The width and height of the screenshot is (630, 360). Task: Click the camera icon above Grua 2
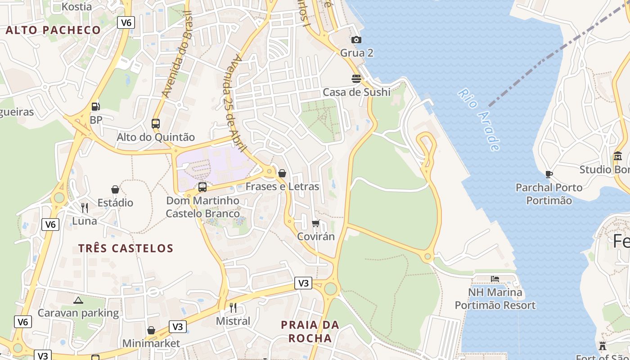pos(356,40)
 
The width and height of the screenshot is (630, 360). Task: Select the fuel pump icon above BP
pos(95,107)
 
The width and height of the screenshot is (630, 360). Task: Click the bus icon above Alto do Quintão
pos(156,124)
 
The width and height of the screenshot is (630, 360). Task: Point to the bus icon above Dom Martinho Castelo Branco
pos(202,187)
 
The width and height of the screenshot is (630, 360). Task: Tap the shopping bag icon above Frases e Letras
pos(282,173)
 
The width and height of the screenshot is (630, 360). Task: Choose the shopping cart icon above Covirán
pos(316,224)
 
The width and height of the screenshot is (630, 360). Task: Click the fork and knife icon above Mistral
pos(233,308)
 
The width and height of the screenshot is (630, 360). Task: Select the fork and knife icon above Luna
pos(85,207)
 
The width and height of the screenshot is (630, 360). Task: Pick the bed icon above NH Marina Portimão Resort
pos(495,279)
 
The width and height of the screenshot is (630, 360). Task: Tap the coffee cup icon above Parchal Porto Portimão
pos(549,174)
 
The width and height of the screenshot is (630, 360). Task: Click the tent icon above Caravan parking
pos(78,300)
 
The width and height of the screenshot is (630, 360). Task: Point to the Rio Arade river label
pos(479,119)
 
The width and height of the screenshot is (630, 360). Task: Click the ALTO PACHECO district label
pos(53,31)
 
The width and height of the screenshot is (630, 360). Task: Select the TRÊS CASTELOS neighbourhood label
pos(126,248)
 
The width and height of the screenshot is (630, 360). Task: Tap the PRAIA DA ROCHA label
pos(310,331)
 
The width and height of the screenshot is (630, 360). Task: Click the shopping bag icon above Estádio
pos(115,189)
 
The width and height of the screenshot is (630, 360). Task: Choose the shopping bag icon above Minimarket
pos(151,331)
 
